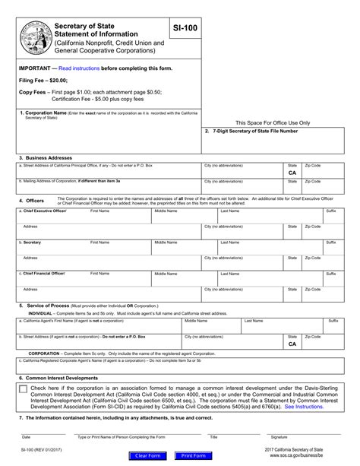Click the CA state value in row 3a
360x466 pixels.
292,173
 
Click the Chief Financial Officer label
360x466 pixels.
46,272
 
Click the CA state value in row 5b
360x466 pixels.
292,344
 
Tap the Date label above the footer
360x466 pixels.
26,437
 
